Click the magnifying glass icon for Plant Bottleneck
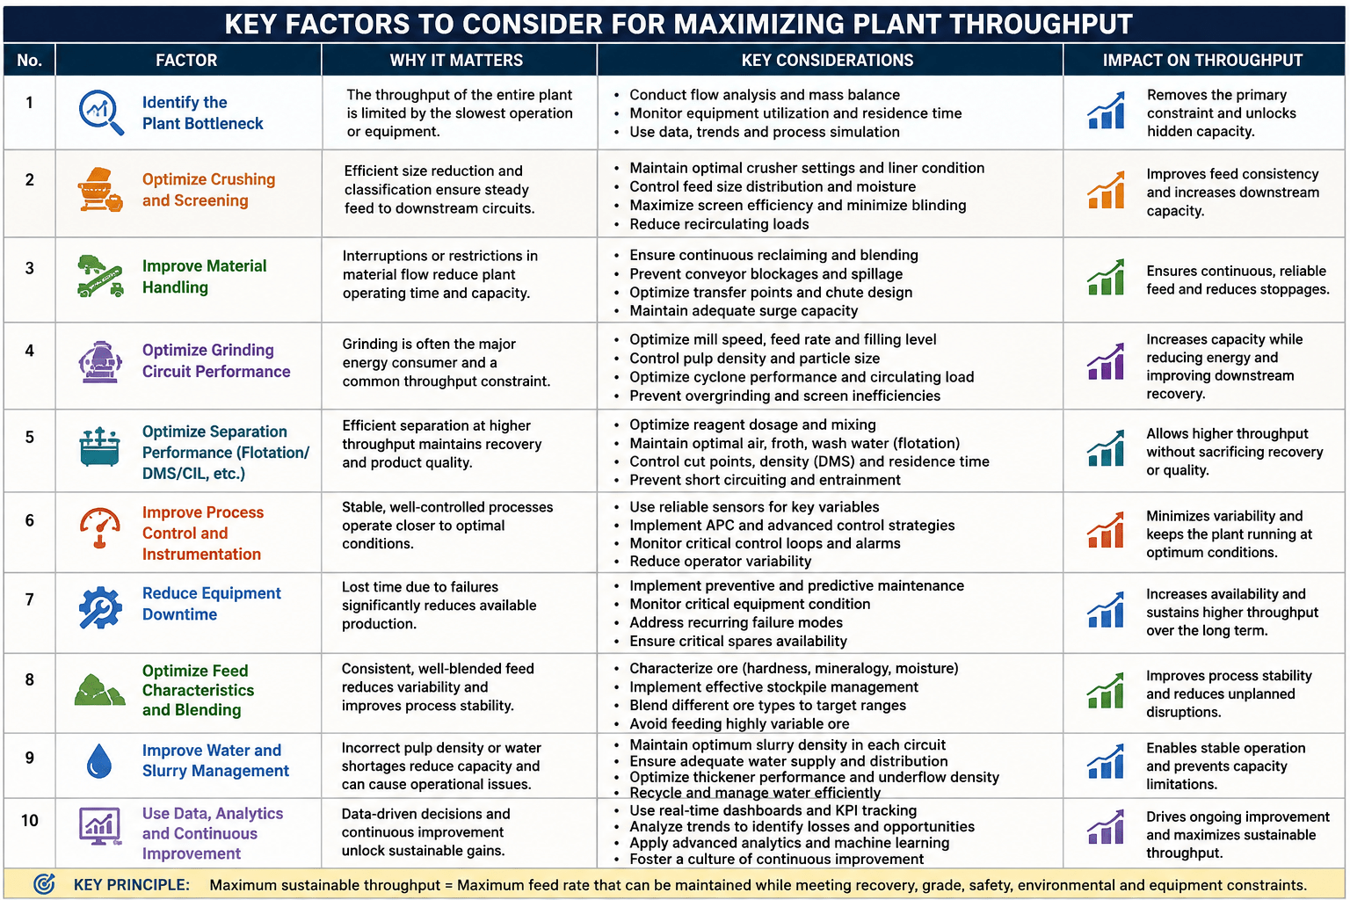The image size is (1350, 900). [101, 112]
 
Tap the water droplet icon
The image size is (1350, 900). [99, 761]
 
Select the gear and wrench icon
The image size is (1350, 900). [100, 607]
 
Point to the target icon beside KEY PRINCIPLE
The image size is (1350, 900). [44, 884]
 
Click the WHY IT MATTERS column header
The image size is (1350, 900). [456, 61]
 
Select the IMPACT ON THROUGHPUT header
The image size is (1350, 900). [1202, 61]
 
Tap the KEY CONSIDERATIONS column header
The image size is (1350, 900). [827, 61]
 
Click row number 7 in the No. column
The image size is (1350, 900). [29, 599]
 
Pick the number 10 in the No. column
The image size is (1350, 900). [30, 820]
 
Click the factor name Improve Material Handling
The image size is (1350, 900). [204, 277]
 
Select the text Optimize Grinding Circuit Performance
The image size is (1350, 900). [216, 360]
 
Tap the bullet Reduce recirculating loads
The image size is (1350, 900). [719, 224]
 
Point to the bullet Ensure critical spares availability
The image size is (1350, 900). [738, 642]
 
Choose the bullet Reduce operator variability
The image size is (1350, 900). [720, 562]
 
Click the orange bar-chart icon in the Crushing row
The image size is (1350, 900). [1106, 191]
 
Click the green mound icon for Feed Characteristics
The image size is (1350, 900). [99, 690]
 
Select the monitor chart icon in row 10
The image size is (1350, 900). [100, 826]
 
